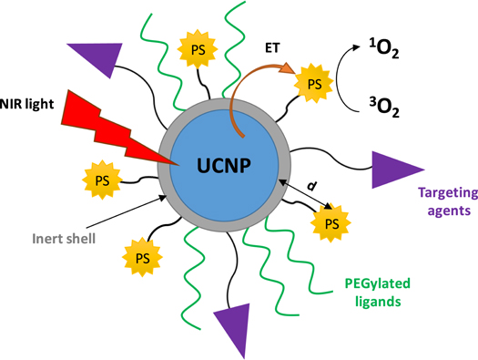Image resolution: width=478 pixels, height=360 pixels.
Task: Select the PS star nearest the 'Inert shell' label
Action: point(141,257)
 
